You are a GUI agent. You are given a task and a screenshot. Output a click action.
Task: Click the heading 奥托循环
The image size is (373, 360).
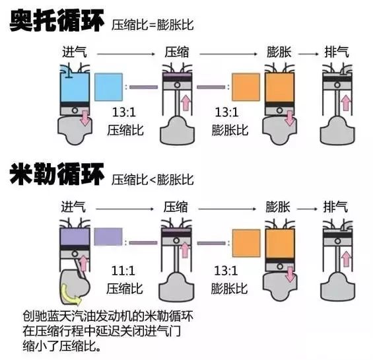(x=57, y=20)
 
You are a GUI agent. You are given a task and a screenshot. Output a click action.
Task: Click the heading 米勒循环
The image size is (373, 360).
(x=57, y=174)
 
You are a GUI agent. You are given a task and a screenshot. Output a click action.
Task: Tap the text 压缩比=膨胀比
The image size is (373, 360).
(x=153, y=24)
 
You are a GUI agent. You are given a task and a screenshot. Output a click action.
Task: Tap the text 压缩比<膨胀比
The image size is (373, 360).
(x=153, y=180)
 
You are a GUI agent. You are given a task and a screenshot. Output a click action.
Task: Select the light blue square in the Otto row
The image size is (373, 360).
(x=109, y=87)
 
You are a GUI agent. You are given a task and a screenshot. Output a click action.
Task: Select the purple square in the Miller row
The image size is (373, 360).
(x=108, y=236)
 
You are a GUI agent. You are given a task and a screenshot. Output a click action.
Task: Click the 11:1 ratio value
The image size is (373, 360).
(x=123, y=271)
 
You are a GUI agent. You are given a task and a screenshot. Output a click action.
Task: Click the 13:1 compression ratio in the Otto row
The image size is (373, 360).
(x=124, y=112)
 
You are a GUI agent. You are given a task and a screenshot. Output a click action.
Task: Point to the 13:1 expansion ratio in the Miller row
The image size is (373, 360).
(x=226, y=271)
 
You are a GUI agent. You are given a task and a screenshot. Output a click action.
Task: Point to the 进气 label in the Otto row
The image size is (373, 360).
(x=75, y=52)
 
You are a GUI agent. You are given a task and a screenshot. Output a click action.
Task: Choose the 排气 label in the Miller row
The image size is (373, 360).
(x=335, y=207)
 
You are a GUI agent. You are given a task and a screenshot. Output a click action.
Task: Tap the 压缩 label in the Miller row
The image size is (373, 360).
(x=176, y=207)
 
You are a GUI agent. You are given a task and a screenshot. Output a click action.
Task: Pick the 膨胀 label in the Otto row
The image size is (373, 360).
(x=279, y=52)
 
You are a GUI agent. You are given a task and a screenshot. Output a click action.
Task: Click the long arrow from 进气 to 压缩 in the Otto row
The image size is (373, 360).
(x=126, y=54)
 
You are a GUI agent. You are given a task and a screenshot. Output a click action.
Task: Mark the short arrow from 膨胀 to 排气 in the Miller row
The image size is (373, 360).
(x=307, y=209)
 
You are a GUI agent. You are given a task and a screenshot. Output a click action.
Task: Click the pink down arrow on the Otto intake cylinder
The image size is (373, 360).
(x=85, y=118)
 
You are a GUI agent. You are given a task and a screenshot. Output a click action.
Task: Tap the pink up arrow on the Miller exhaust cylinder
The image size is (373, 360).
(x=346, y=259)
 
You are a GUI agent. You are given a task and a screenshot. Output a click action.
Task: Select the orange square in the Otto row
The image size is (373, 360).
(x=246, y=87)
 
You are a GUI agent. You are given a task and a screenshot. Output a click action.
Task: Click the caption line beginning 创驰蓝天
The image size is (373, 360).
(x=108, y=316)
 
